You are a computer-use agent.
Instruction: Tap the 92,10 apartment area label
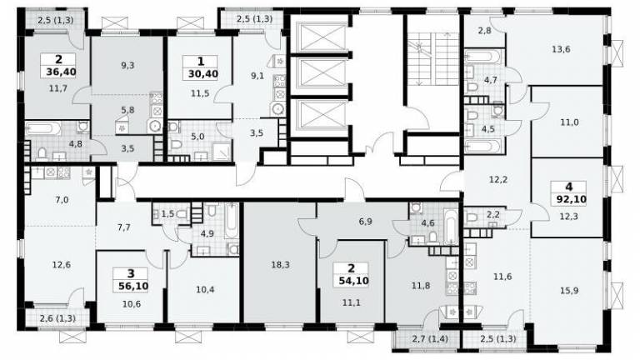tap(571, 200)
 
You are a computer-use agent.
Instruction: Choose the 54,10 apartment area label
tap(353, 281)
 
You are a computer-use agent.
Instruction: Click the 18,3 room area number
tap(280, 265)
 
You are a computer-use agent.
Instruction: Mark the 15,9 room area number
tap(569, 291)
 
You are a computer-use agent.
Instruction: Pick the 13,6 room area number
tap(561, 49)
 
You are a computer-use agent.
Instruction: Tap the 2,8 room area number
tap(484, 30)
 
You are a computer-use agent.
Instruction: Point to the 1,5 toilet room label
tap(167, 214)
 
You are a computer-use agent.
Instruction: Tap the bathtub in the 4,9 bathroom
tap(232, 221)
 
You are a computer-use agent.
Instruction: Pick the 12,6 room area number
tap(61, 265)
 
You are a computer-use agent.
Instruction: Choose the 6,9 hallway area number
tap(365, 222)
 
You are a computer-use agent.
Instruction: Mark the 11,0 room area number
tap(569, 122)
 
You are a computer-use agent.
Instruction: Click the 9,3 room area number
tap(127, 65)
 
